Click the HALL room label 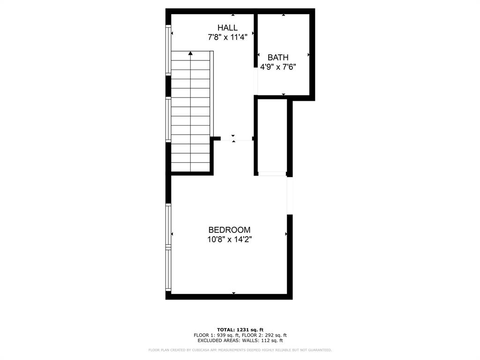(227, 28)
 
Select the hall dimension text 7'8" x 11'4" (227, 37)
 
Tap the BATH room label (278, 58)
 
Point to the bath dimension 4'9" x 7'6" (278, 67)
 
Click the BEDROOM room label (229, 230)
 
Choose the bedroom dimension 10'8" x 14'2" (229, 240)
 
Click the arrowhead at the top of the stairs (190, 54)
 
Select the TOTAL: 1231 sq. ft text (240, 329)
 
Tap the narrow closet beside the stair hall (273, 136)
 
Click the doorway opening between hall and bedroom (233, 139)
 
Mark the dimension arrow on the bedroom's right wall (286, 233)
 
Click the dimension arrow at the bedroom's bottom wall (233, 293)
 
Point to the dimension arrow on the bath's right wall (308, 55)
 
